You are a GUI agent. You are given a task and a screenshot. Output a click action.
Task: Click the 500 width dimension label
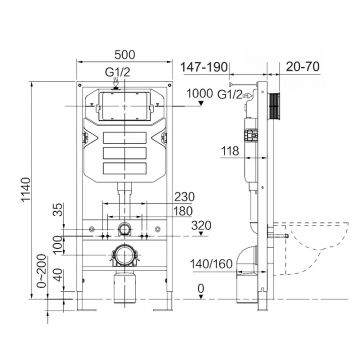(125, 55)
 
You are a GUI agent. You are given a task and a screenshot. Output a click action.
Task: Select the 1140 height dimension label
(26, 189)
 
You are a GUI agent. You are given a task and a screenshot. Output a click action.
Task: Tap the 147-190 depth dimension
(204, 67)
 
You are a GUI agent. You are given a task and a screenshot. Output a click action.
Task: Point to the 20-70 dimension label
(303, 67)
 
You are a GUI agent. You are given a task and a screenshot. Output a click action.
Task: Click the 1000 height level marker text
(199, 93)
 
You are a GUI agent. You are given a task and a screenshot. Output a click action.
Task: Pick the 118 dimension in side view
(230, 151)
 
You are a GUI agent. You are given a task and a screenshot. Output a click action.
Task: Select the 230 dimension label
(184, 197)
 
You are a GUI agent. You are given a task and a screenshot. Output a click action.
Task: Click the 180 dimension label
(182, 211)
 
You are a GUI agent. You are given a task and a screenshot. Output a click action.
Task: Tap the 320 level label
(201, 225)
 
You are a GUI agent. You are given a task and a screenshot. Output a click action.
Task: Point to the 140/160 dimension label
(211, 264)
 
